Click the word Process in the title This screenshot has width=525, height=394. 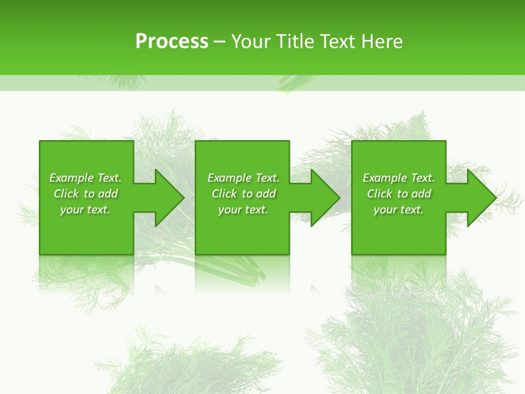point(172,42)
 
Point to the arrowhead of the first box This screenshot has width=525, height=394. point(169,198)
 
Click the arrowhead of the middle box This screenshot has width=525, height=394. point(325,198)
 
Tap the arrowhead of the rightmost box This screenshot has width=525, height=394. point(481,198)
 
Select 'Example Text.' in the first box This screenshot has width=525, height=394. point(85,178)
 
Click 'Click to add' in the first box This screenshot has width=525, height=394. point(85,194)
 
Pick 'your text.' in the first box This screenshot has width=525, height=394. point(85,210)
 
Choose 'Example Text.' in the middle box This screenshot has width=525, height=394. point(243,178)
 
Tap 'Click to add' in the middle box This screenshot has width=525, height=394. point(243,194)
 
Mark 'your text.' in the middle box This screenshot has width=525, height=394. point(243,210)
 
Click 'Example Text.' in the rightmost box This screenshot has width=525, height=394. point(399,178)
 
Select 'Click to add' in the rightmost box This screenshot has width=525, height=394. point(399,194)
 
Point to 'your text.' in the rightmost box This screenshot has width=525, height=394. point(399,210)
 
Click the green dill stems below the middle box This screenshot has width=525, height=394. point(246,271)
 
